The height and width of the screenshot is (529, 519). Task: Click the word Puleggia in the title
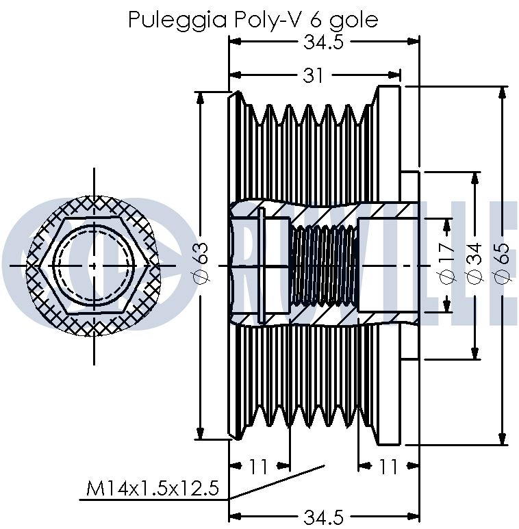pyautogui.click(x=177, y=21)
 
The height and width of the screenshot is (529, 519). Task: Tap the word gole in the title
pyautogui.click(x=354, y=21)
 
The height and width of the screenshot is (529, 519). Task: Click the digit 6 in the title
pyautogui.click(x=315, y=20)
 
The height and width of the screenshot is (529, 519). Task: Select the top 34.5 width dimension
pyautogui.click(x=323, y=42)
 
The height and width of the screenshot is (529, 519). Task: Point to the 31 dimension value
pyautogui.click(x=313, y=75)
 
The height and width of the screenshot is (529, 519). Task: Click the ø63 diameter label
pyautogui.click(x=201, y=263)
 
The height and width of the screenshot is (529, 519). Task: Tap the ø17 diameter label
pyautogui.click(x=448, y=262)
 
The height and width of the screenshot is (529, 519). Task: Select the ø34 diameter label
pyautogui.click(x=474, y=263)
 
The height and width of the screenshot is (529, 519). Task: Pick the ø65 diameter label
pyautogui.click(x=501, y=263)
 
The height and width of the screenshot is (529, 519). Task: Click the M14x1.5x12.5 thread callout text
pyautogui.click(x=153, y=488)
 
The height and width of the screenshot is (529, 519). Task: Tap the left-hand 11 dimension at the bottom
pyautogui.click(x=258, y=467)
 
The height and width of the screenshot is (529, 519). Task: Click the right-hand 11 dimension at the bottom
pyautogui.click(x=388, y=467)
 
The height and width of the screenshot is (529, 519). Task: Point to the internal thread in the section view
pyautogui.click(x=323, y=266)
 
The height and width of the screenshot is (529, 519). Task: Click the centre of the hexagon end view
pyautogui.click(x=94, y=266)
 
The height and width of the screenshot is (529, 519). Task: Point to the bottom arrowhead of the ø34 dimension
pyautogui.click(x=475, y=354)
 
